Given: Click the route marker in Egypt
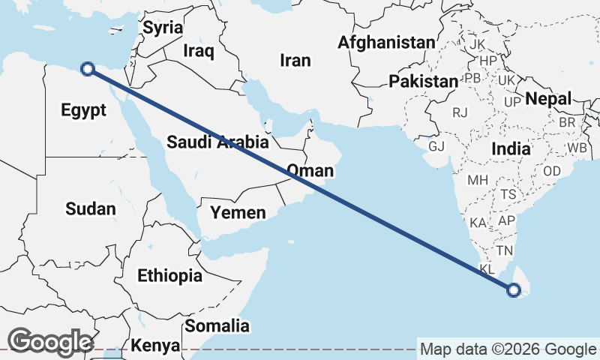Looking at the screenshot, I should point(88,69).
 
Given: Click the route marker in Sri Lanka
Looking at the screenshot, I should point(514,289).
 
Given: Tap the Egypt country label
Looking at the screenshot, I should point(82,111).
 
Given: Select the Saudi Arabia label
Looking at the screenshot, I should point(217,142).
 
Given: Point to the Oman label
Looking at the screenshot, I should point(310,171).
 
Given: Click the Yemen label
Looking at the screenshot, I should point(238,213).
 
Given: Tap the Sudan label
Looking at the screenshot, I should point(91,209).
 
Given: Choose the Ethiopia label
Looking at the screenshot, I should point(169,276).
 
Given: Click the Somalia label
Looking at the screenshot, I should point(217,326).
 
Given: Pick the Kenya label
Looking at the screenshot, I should point(155,346).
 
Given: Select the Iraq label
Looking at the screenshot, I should point(199,51).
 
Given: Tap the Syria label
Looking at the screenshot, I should point(163,28).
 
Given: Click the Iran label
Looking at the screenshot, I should point(295,60).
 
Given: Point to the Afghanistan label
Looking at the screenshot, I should point(385,42).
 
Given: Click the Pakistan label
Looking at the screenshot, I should point(423,81).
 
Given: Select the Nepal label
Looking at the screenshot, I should point(548,98).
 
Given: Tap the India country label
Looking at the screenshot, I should point(511,149).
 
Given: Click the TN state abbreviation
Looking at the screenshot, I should point(504,250).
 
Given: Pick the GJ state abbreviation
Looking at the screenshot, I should point(436,145).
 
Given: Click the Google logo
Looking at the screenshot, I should point(50,341).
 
